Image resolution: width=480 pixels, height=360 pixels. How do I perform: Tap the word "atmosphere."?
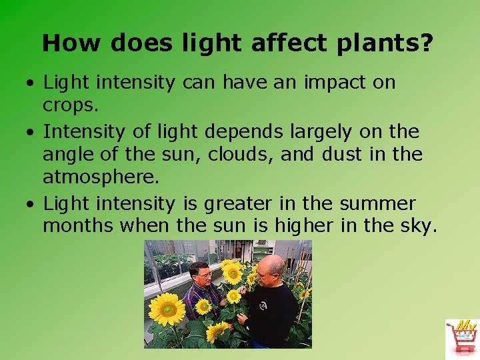pos(101,178)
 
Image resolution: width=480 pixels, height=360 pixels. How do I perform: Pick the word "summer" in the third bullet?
pos(378,203)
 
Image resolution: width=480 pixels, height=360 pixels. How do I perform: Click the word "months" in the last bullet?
pos(78,226)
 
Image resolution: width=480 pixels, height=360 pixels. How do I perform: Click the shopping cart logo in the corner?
pos(461,337)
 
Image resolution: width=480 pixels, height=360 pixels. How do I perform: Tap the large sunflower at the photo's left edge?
pos(166,309)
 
